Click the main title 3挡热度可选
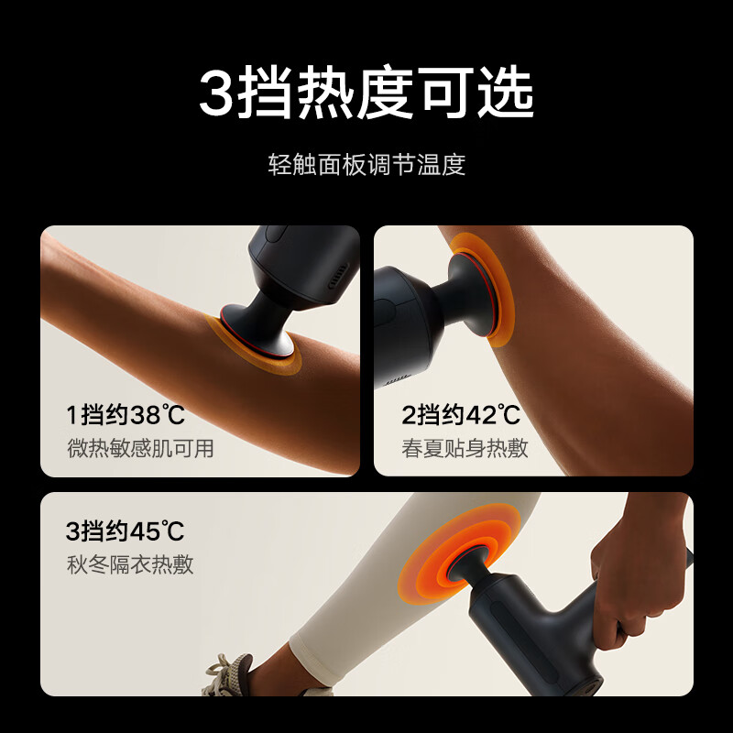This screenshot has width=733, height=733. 366,93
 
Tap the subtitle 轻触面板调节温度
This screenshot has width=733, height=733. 366,165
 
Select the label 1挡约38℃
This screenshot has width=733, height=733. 126,414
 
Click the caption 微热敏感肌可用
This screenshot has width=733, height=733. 140,448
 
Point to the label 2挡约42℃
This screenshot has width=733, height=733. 461,414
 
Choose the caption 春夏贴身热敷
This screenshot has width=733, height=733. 465,448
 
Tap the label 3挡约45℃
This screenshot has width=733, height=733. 126,531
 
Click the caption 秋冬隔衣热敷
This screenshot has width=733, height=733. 130,564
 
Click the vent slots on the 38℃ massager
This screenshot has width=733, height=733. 338,277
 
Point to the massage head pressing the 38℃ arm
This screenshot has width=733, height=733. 258,332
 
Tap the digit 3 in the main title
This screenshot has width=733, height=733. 216,93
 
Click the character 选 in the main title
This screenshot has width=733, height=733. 507,93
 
